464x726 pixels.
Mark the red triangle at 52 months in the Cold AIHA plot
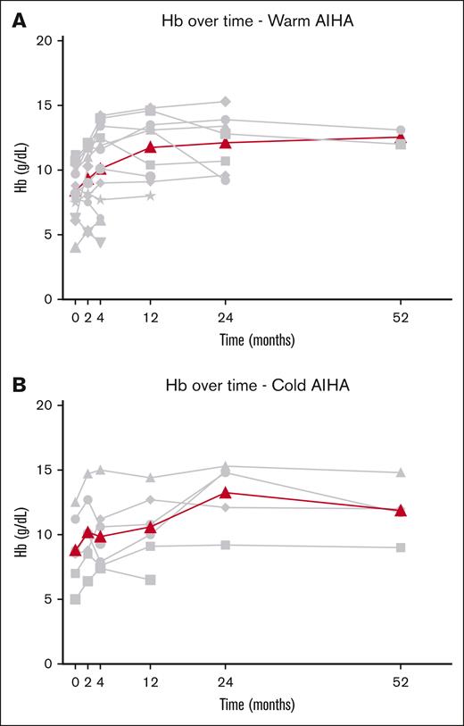401,510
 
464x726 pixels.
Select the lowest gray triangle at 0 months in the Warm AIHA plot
76,247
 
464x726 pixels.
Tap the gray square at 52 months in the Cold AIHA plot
401,547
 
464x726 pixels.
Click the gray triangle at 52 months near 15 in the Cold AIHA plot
401,472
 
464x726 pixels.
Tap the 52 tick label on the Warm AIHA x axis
401,317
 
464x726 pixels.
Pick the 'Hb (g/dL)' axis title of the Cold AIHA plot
21,534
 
